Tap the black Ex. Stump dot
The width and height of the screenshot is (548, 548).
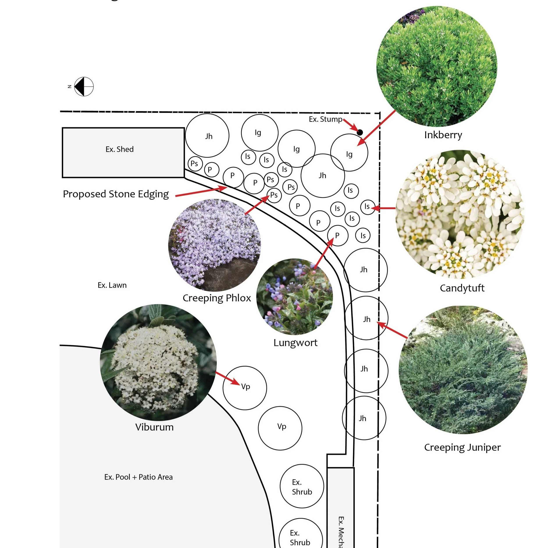coord(360,132)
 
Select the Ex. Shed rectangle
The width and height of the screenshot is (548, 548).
coord(123,153)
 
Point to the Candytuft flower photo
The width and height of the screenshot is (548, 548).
coord(459,214)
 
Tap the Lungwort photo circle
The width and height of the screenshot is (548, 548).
coord(294,297)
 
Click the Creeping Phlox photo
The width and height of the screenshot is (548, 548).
coord(215,245)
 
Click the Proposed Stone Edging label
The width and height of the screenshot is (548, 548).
coord(116,194)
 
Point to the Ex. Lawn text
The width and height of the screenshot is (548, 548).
coord(112,285)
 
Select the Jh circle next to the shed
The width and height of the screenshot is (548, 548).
coord(207,136)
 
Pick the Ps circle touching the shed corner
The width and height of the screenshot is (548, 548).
coord(195,164)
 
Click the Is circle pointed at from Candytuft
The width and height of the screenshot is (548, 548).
coord(368,207)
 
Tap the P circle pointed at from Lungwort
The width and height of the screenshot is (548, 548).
coord(338,236)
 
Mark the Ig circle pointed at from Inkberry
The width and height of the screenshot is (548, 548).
coord(349,153)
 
